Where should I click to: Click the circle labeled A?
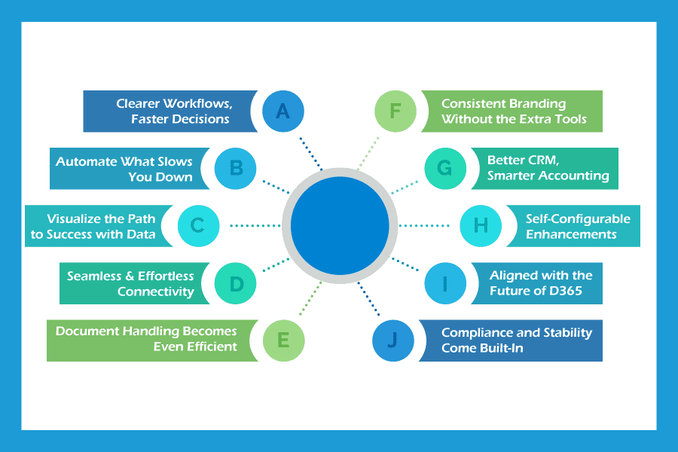(282, 111)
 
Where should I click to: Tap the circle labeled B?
(234, 168)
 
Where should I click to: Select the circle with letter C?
(198, 225)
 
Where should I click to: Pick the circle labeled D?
(236, 283)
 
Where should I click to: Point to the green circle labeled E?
(283, 340)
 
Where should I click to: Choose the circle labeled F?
(395, 111)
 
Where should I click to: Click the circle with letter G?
(444, 168)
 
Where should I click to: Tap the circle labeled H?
(481, 225)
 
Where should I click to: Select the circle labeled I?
(444, 283)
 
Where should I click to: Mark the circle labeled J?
(393, 340)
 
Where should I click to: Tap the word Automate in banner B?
(87, 161)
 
